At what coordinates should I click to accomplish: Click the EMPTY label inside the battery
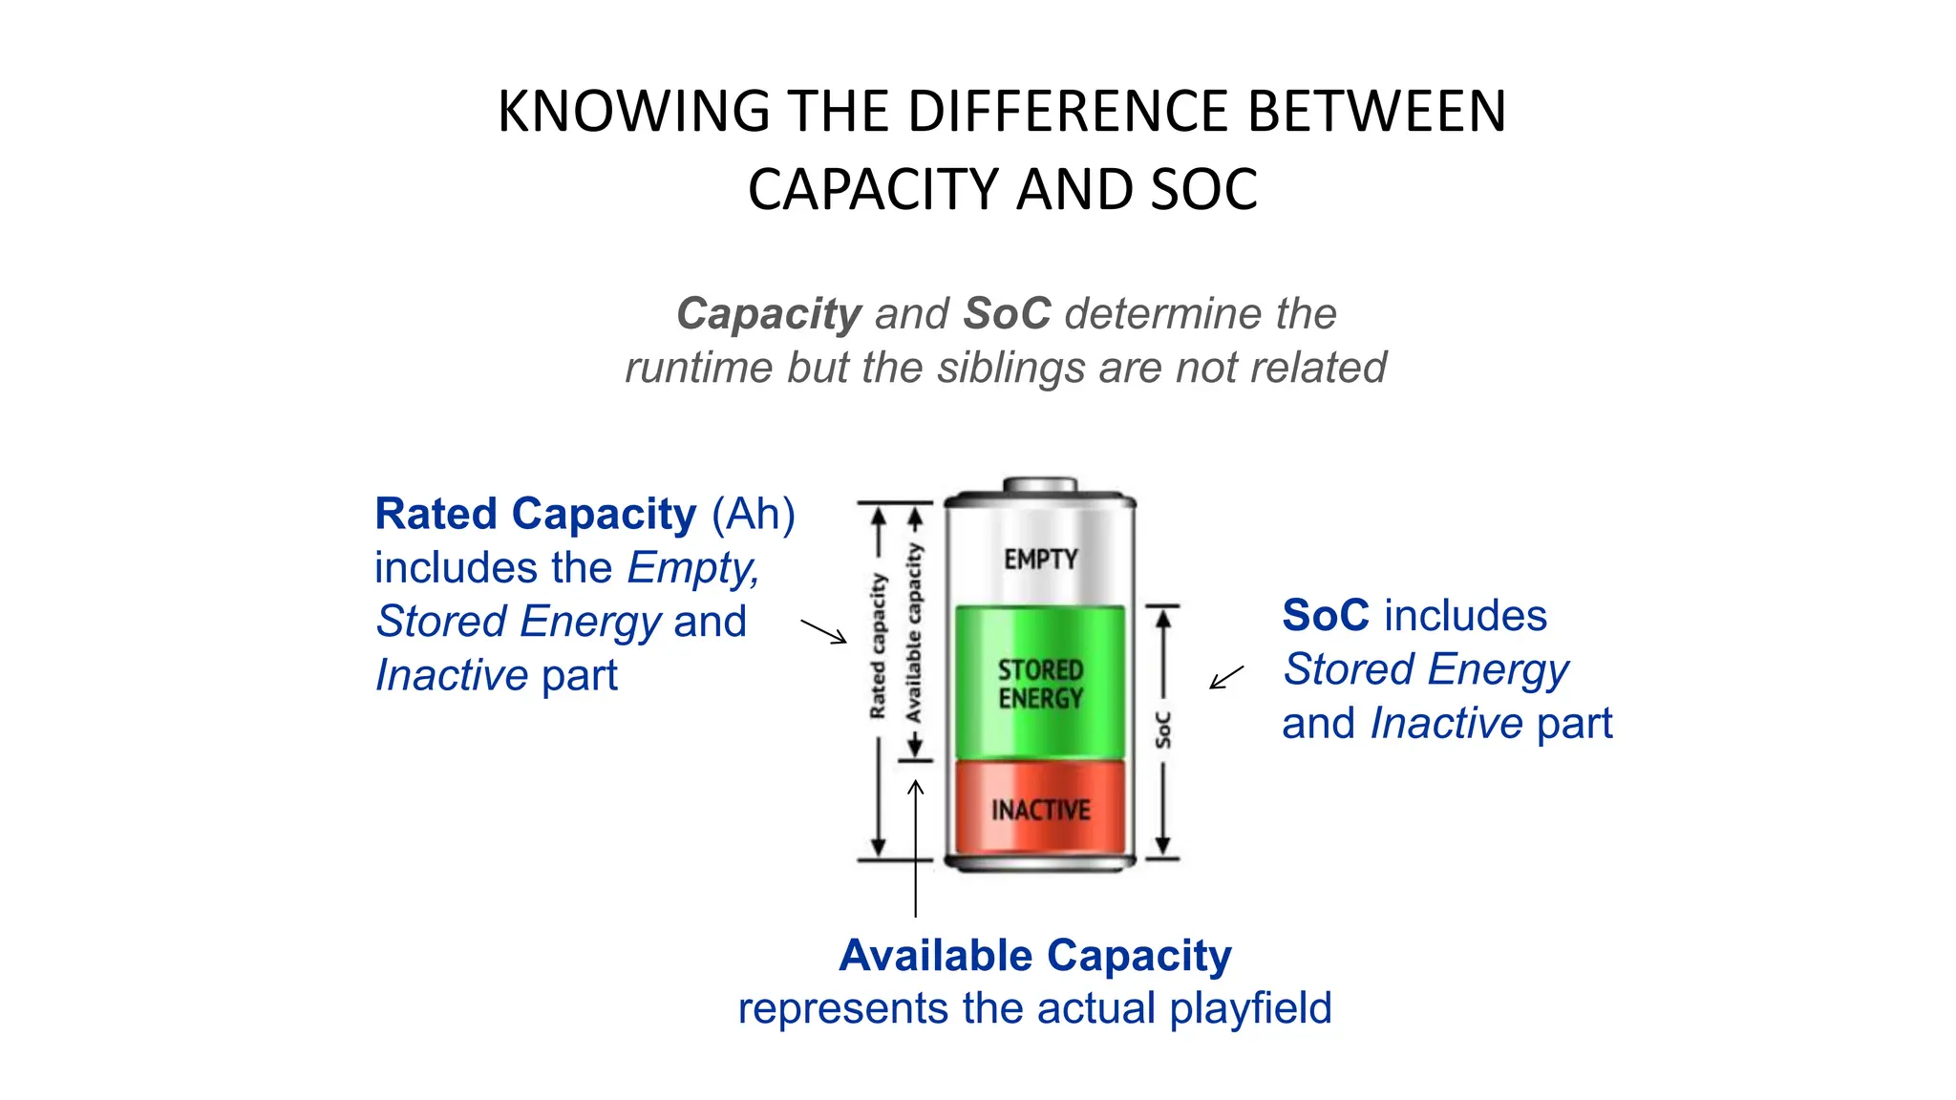click(x=1040, y=559)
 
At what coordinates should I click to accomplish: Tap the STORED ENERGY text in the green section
click(x=1040, y=684)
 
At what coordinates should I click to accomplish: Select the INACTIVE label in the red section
click(x=1040, y=811)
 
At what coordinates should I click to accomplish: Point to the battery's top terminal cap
click(x=1040, y=485)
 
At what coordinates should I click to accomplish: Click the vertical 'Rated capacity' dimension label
click(x=878, y=646)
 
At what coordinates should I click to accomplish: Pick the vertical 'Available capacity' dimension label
click(x=914, y=633)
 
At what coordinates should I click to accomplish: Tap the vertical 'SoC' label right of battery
click(x=1162, y=730)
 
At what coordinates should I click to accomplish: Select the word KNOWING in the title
click(x=633, y=112)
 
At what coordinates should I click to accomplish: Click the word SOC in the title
click(x=1203, y=190)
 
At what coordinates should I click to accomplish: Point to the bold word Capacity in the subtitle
click(x=769, y=314)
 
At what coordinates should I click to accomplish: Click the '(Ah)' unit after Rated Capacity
click(x=754, y=514)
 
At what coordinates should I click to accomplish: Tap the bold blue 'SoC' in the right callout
click(x=1326, y=616)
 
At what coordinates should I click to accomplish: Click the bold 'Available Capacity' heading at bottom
click(x=1035, y=956)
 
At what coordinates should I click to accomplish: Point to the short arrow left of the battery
click(x=823, y=631)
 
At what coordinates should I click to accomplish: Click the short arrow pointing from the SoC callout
click(x=1226, y=677)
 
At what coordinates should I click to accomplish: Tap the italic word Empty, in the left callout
click(x=693, y=568)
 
